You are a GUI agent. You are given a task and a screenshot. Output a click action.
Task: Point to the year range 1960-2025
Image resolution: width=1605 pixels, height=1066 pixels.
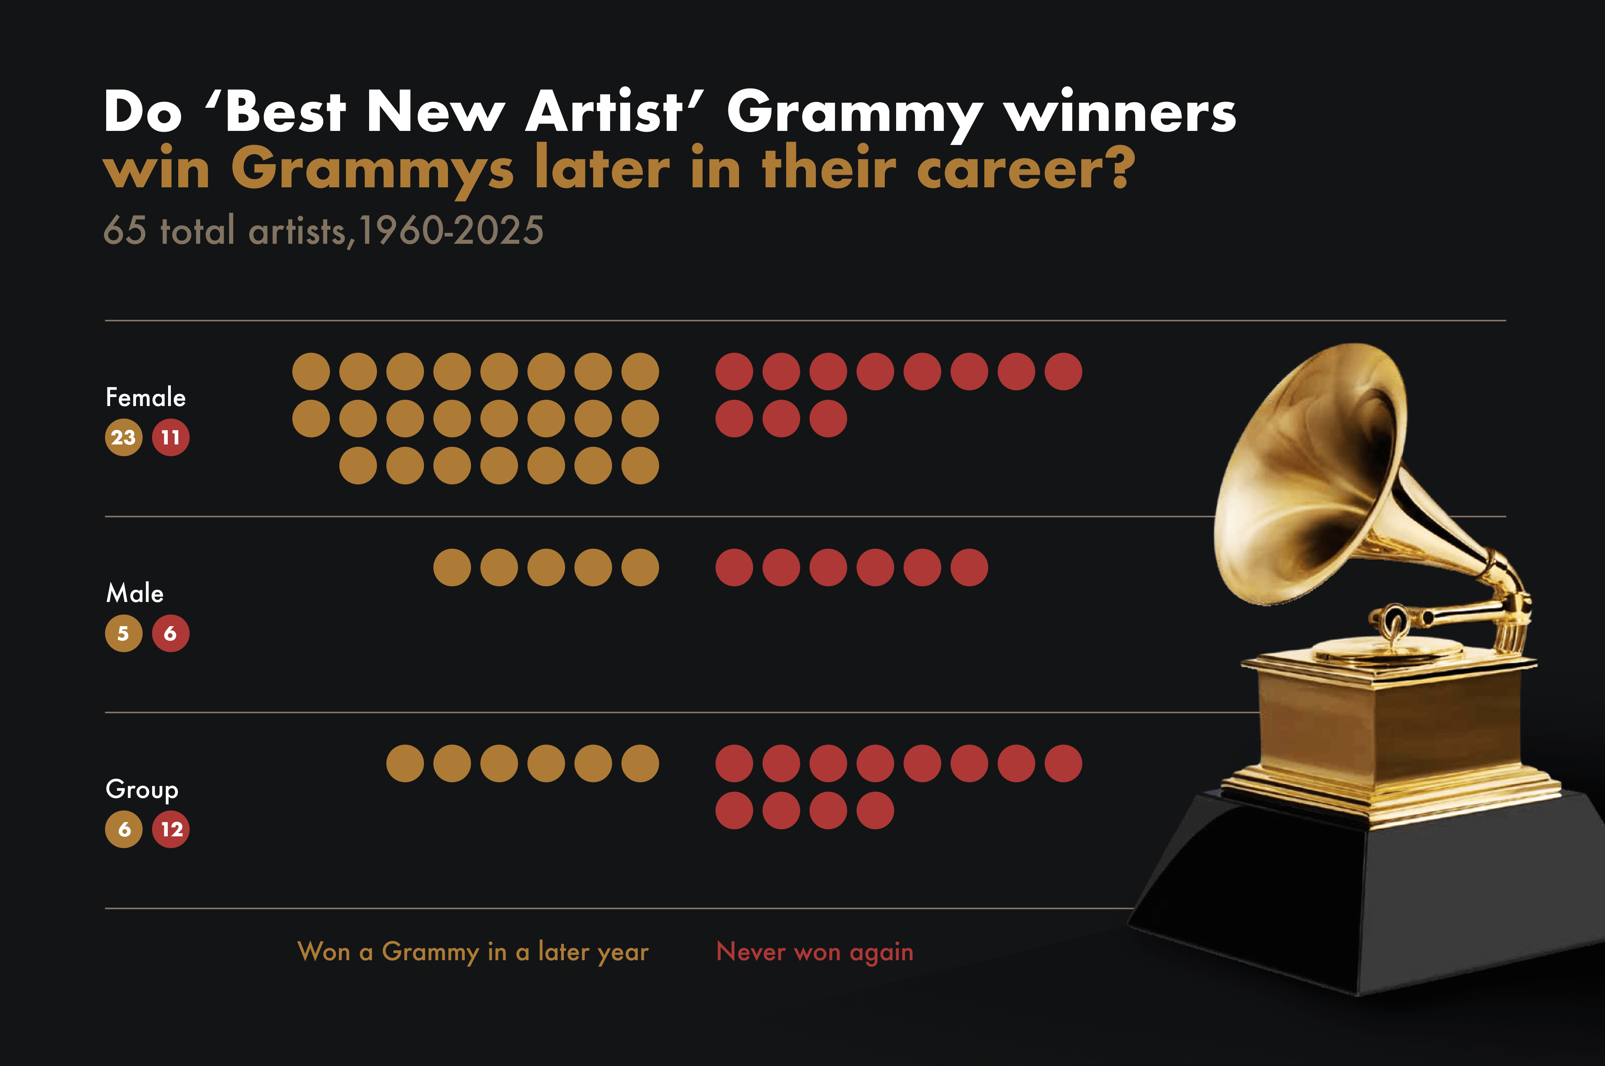[451, 230]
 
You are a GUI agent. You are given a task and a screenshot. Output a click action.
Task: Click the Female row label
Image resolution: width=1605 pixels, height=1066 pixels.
[145, 397]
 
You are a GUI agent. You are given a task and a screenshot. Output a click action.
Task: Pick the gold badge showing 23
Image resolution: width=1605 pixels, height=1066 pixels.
[124, 437]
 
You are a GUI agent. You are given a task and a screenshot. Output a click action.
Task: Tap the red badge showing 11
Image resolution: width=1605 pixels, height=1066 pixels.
[170, 437]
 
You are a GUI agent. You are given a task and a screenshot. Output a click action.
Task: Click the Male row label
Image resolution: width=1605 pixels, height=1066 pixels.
[135, 593]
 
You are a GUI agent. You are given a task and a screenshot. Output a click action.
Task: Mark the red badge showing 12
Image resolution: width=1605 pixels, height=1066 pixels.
[170, 829]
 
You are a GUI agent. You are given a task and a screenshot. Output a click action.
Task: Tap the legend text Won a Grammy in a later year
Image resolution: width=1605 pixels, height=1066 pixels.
[473, 952]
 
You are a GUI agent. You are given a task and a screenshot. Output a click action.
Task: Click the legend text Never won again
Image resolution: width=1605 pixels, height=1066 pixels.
[814, 952]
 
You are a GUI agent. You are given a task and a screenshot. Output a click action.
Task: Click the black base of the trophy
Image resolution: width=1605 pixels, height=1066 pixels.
[1366, 897]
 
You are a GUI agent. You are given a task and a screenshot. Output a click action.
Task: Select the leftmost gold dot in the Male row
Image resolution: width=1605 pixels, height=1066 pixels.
[452, 567]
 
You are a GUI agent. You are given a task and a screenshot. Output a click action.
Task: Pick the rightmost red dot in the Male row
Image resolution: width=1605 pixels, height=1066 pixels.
[969, 567]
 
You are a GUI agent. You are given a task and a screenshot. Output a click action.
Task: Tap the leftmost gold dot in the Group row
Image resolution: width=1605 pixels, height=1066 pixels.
[405, 763]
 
